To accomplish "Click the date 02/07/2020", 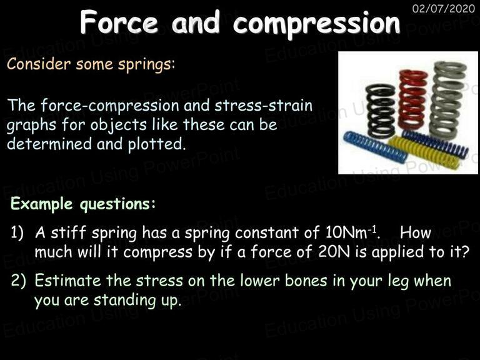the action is point(444,8).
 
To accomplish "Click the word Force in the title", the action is point(119,22).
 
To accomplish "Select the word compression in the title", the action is point(316,24).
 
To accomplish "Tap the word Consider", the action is point(39,64).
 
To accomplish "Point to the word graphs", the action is point(31,126).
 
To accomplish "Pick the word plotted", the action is point(157,144).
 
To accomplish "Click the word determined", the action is point(49,144).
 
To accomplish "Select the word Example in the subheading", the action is point(42,204).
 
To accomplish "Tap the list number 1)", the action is point(17,232).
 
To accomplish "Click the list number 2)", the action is point(18,281).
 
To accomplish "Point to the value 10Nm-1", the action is point(352,232).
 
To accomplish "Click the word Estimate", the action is point(67,280).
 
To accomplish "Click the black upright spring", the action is point(381,111).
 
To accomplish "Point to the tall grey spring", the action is point(448,100).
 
